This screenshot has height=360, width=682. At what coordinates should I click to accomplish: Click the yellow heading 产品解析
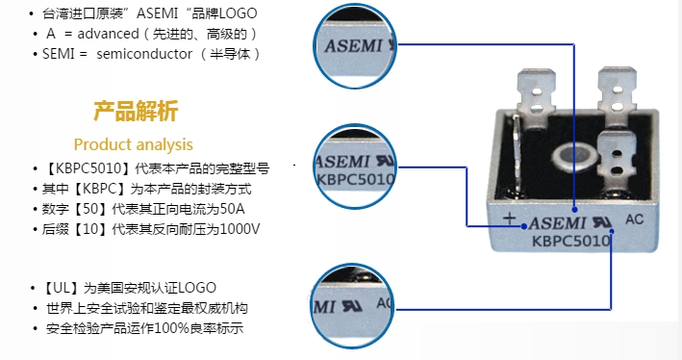tap(136, 111)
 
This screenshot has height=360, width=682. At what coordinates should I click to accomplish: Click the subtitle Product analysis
tap(133, 144)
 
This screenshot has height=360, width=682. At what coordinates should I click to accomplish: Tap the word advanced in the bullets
tap(109, 34)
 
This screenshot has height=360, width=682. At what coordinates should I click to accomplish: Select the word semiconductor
tap(144, 54)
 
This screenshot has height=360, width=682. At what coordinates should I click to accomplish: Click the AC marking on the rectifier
tap(634, 219)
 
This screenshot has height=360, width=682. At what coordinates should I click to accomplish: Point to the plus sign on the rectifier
tap(509, 219)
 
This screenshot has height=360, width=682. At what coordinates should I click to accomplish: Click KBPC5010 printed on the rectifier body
tap(571, 241)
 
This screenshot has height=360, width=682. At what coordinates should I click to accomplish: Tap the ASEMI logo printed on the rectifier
tap(557, 223)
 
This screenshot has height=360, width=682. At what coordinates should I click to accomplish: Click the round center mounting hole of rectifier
tap(569, 156)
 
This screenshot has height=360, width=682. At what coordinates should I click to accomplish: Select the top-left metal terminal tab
tap(536, 92)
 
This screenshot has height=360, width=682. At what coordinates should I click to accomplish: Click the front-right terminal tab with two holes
tap(617, 161)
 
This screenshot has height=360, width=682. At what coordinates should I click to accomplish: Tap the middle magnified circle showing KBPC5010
tap(355, 167)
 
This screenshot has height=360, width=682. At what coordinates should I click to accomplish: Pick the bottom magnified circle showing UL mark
tap(353, 306)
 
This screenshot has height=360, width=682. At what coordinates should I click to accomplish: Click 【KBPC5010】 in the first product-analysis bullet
tap(87, 168)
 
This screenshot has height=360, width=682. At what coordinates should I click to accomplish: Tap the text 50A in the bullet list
tap(232, 209)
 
